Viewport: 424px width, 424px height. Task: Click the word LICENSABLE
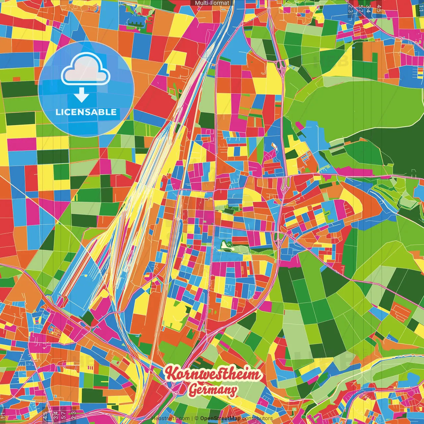86,112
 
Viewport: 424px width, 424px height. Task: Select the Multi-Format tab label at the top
212,3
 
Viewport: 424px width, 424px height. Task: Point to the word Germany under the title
213,390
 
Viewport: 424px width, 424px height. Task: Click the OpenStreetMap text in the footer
220,418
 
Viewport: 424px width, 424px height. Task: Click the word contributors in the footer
257,418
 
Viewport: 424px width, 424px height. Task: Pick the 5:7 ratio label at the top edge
360,8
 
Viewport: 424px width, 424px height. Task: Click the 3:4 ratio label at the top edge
368,8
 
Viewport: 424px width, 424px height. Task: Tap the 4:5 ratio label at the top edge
379,8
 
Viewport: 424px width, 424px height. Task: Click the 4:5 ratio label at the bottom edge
45,415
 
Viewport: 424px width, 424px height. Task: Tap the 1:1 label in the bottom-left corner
3,415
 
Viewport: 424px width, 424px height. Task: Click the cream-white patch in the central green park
226,245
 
